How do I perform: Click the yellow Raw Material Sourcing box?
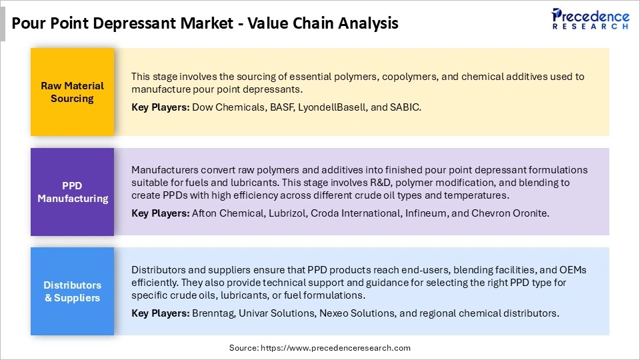[72, 92]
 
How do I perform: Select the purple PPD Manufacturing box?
[72, 192]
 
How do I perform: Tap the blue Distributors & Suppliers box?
[72, 291]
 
